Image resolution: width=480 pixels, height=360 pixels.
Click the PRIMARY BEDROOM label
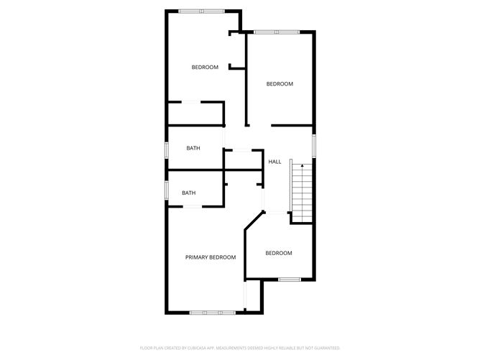211,257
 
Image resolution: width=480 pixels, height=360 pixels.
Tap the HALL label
274,162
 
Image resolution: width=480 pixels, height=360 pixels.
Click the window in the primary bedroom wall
212,312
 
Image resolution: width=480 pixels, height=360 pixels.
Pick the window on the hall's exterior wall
313,144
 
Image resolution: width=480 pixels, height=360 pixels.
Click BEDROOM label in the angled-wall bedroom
279,253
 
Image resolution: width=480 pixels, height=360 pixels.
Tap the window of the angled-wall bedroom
290,279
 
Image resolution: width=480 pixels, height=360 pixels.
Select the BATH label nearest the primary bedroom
188,193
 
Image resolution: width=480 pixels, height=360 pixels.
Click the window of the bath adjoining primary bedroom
167,190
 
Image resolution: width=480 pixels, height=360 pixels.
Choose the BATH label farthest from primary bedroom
193,148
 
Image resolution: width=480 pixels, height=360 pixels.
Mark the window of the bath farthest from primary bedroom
167,149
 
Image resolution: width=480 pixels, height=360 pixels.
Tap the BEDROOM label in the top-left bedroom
205,68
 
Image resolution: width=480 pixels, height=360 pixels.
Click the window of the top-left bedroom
202,11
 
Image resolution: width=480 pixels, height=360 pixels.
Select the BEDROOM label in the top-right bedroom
280,84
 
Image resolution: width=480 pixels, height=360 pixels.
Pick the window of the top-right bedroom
277,32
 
